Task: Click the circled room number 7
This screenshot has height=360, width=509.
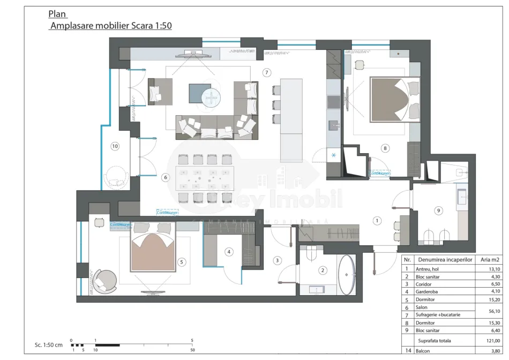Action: click(x=266, y=72)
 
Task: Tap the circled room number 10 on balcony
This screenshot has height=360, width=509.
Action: click(x=114, y=145)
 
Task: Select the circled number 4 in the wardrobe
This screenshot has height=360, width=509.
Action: click(x=229, y=251)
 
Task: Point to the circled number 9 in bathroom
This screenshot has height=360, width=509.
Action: click(x=438, y=211)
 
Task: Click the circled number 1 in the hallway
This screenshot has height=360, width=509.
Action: click(x=377, y=220)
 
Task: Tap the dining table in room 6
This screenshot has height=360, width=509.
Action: click(x=204, y=177)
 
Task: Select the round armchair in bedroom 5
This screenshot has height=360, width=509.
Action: click(x=106, y=280)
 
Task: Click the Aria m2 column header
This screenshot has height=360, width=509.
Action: click(x=490, y=259)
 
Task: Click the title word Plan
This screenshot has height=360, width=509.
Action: click(x=58, y=14)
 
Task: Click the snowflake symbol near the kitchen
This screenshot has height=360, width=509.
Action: click(x=334, y=155)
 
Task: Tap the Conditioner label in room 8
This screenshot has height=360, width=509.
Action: click(x=379, y=174)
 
